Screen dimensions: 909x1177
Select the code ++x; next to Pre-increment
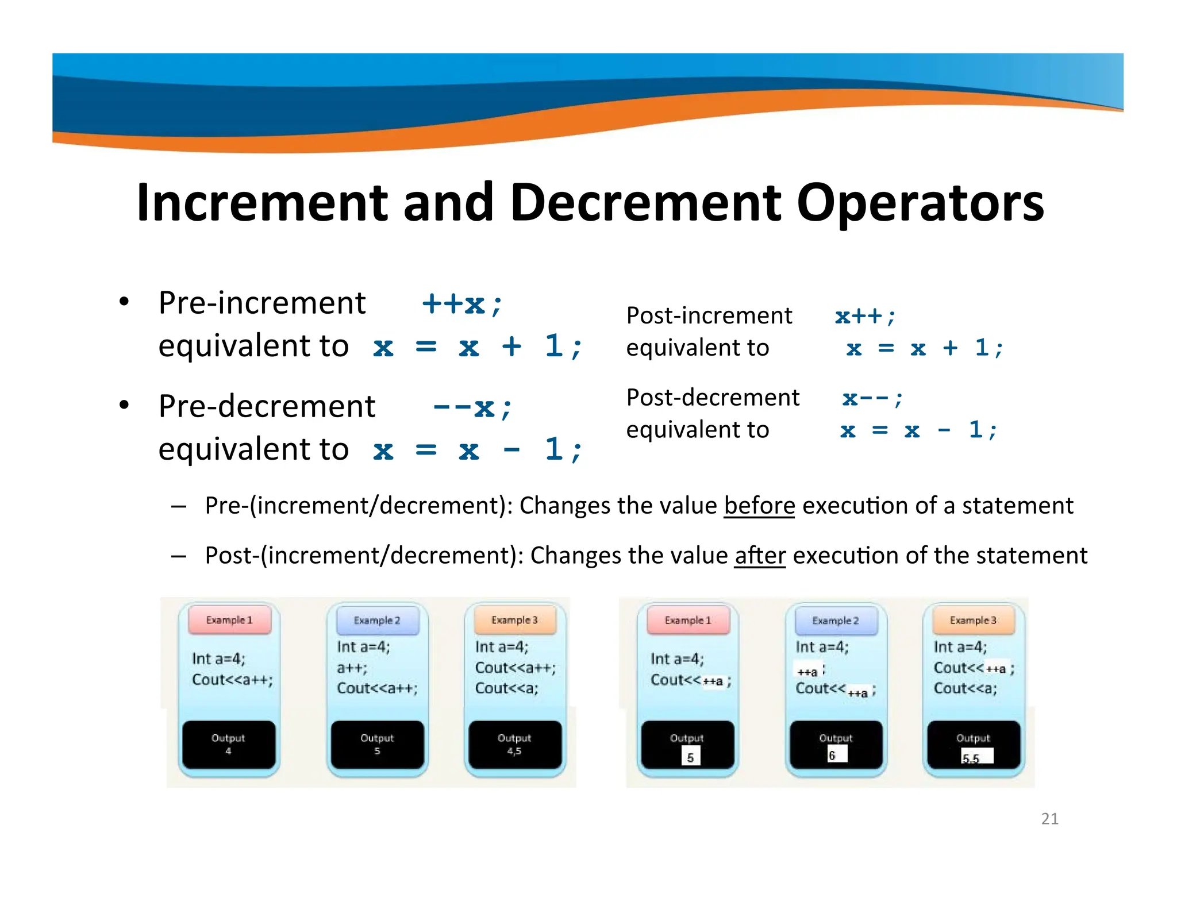(462, 303)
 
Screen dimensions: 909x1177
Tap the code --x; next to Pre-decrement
(472, 407)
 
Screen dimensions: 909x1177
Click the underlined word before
(759, 506)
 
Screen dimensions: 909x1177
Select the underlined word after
(760, 556)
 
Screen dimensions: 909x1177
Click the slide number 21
(1049, 818)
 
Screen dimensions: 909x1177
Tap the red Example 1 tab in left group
(229, 620)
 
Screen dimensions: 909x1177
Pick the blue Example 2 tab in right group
(835, 621)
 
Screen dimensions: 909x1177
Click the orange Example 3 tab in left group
(514, 620)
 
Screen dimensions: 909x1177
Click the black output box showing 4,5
(514, 745)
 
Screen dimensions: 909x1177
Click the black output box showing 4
(228, 745)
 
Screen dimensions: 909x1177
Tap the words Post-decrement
(713, 398)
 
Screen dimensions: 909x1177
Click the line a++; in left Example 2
(352, 668)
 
